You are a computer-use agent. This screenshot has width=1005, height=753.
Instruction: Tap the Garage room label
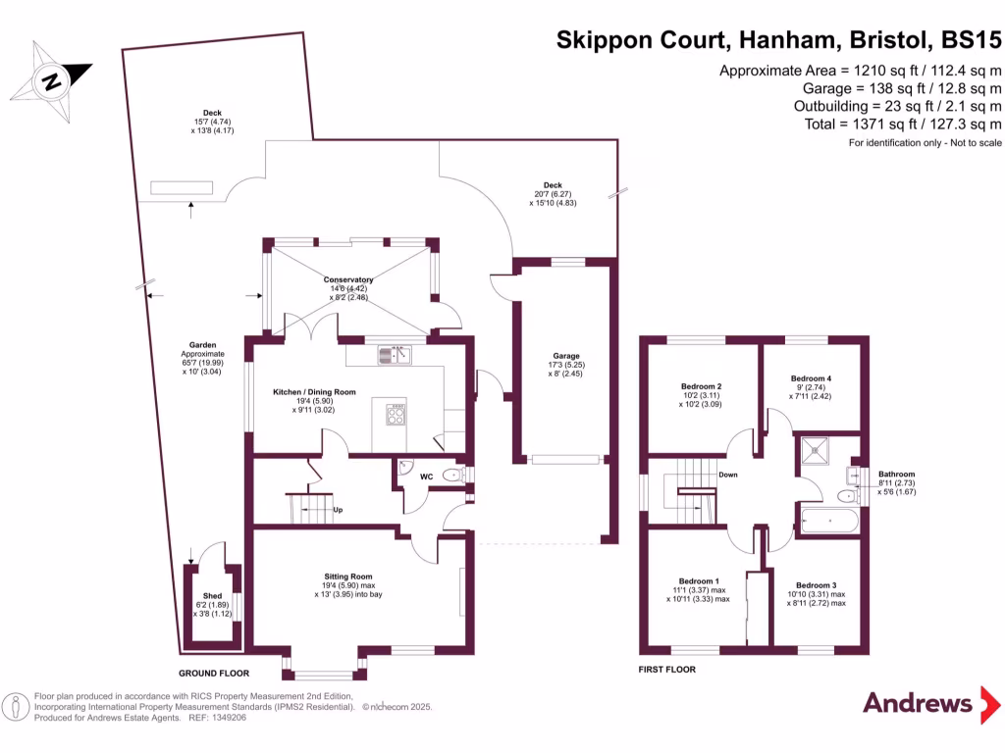(566, 356)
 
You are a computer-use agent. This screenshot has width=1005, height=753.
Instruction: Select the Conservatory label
(349, 279)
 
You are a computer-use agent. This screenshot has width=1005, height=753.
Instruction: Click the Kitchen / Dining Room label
(314, 392)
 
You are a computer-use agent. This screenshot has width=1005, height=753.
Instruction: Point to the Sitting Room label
(349, 577)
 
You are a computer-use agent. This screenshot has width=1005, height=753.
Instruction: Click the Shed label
(212, 596)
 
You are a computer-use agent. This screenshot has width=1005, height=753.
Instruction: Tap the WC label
(426, 477)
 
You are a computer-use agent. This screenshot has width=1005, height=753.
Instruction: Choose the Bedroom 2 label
(702, 386)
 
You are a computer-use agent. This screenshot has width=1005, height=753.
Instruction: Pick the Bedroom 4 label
(811, 378)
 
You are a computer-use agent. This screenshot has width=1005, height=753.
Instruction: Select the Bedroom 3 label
(817, 585)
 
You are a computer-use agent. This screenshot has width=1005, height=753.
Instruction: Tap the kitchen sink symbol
(393, 354)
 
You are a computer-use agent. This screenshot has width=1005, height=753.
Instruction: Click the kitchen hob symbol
(397, 416)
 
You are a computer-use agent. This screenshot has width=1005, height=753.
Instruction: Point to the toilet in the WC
(452, 476)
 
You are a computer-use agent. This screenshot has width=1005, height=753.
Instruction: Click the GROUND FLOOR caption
(214, 674)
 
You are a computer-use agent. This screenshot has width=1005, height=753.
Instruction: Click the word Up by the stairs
(339, 510)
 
